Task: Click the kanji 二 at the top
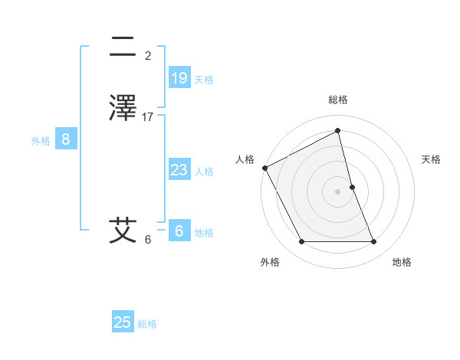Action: (x=123, y=47)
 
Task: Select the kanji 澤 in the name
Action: (x=123, y=107)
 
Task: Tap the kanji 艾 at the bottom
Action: (x=123, y=230)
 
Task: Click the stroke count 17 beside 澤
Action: (x=148, y=117)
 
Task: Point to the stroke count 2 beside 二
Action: (x=148, y=56)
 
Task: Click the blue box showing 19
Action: (x=179, y=77)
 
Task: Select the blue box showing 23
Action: (x=179, y=170)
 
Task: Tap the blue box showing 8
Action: (x=66, y=139)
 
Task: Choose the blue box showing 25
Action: (x=123, y=322)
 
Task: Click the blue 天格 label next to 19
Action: (x=204, y=80)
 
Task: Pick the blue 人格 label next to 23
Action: (x=204, y=172)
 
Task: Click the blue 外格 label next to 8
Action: (x=41, y=141)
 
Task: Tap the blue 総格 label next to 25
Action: (x=147, y=324)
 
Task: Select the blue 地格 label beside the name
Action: (x=204, y=233)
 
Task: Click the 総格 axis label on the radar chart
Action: (x=338, y=100)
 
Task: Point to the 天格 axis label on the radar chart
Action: (x=431, y=159)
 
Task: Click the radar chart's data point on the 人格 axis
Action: (x=264, y=168)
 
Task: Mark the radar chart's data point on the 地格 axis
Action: (x=374, y=242)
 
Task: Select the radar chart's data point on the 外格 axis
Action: (x=301, y=242)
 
